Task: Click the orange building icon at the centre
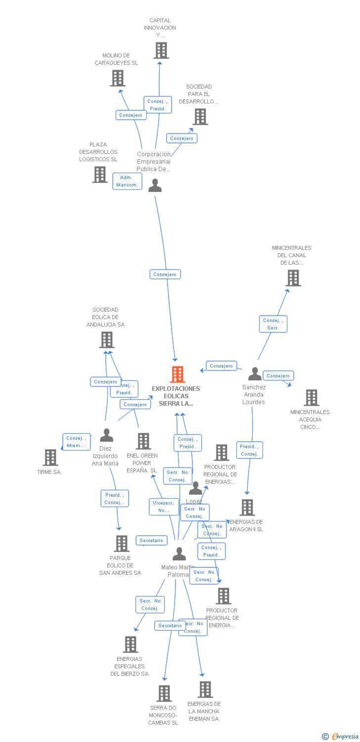coord(178,374)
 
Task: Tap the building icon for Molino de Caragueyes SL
coord(118,78)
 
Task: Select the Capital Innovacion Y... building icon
coord(161,50)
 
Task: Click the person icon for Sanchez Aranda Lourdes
coord(255,374)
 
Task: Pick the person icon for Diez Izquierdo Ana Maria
coord(106,435)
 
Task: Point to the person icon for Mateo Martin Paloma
coord(179,554)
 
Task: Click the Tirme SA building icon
coord(50,458)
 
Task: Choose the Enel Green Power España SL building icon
coord(143,441)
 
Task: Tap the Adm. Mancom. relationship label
coord(127,181)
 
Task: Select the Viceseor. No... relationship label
coord(164,507)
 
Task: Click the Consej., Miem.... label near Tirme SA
coord(76,442)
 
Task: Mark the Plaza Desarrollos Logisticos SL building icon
coord(100,175)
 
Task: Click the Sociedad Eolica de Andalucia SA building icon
coord(106,340)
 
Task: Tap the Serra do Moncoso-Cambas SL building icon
coord(164,694)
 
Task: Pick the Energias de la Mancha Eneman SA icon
coord(205,690)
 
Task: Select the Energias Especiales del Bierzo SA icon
coord(131,645)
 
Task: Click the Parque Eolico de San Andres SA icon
coord(121,544)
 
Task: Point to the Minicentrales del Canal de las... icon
coord(293,278)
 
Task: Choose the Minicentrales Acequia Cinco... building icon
coord(311,398)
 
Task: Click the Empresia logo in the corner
coord(341,736)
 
